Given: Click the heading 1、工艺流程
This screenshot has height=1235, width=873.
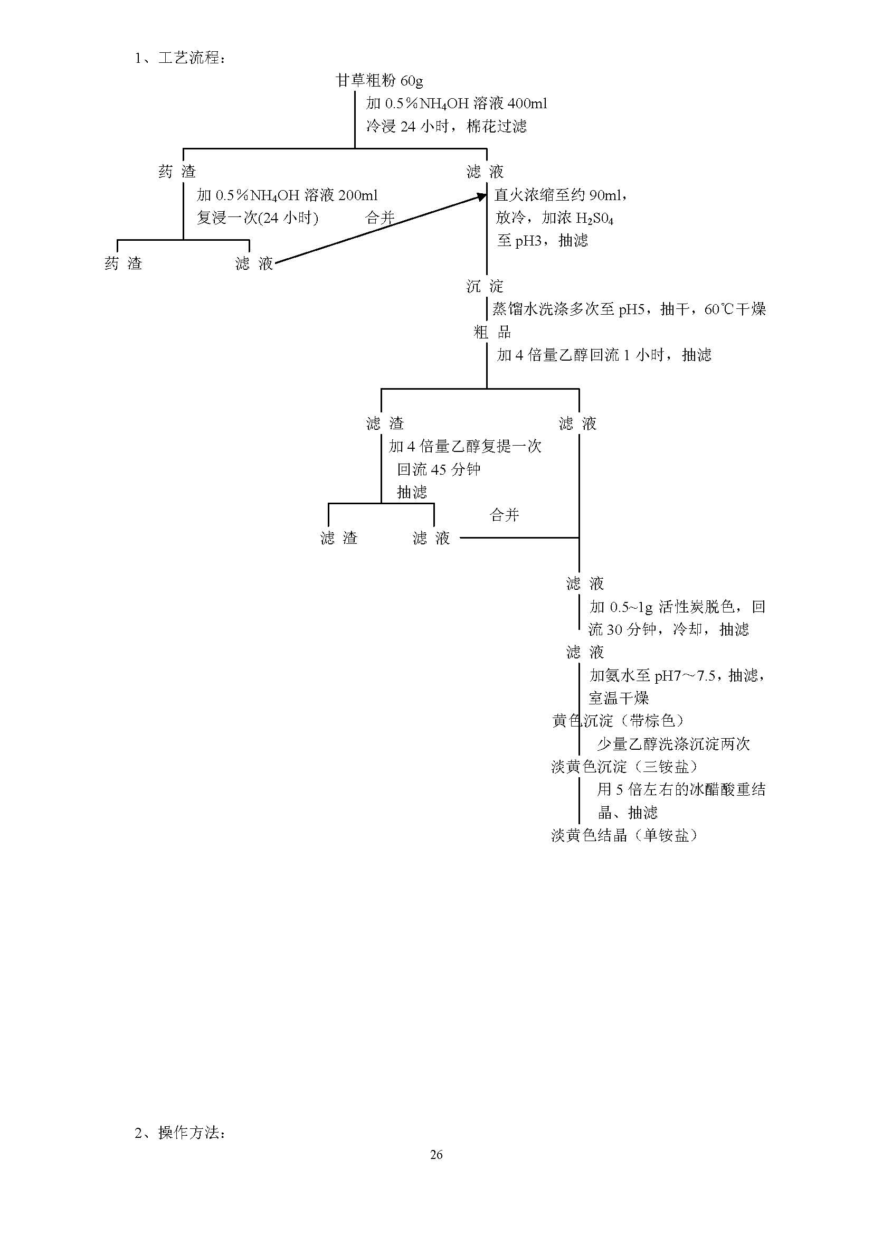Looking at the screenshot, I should (x=180, y=58).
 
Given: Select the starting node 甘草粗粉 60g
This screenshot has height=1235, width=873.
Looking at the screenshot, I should (x=379, y=81).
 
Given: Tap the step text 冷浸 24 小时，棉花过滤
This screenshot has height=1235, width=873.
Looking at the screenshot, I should (x=446, y=126).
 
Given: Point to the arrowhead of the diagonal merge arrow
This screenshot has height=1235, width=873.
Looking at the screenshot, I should (x=482, y=197).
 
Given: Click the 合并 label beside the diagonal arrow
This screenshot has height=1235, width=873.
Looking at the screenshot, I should (x=380, y=218).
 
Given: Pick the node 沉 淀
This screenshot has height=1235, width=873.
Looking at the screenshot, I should (x=485, y=286).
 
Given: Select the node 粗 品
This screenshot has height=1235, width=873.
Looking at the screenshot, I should (x=492, y=332).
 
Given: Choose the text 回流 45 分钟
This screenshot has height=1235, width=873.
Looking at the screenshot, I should (x=439, y=469).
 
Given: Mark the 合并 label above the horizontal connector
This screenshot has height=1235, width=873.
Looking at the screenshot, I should (x=504, y=515).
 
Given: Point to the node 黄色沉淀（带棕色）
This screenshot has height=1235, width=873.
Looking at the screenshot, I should (x=618, y=721).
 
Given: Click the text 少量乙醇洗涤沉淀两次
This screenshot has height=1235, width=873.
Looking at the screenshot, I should (x=673, y=744).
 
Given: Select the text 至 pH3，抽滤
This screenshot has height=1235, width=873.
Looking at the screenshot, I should (x=542, y=240).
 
